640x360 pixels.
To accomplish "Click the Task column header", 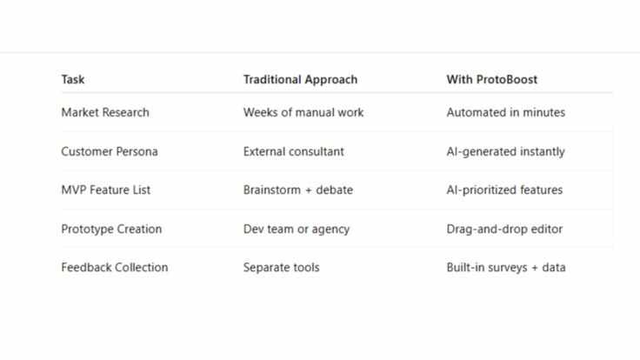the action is pyautogui.click(x=73, y=79).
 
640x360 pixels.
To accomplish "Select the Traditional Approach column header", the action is pyautogui.click(x=300, y=79).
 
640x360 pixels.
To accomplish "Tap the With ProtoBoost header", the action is pyautogui.click(x=491, y=79).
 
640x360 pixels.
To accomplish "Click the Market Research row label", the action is pyautogui.click(x=105, y=112).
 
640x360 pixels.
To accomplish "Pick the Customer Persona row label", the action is pyautogui.click(x=110, y=151).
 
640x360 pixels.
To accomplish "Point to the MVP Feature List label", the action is pyautogui.click(x=106, y=190).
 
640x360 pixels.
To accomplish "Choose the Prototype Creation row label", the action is pyautogui.click(x=111, y=229).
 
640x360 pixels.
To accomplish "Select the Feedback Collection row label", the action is pyautogui.click(x=115, y=267).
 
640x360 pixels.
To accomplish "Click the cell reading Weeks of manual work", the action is pyautogui.click(x=303, y=112).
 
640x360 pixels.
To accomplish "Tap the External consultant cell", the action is pyautogui.click(x=293, y=151).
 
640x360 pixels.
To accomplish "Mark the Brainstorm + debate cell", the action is pyautogui.click(x=298, y=190).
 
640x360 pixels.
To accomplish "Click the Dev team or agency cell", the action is pyautogui.click(x=297, y=229).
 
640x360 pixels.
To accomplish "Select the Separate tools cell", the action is pyautogui.click(x=281, y=267).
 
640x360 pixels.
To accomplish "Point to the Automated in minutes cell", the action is pyautogui.click(x=506, y=112).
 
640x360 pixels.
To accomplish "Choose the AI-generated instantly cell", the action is pyautogui.click(x=505, y=151).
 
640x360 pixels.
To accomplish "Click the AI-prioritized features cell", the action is pyautogui.click(x=504, y=190).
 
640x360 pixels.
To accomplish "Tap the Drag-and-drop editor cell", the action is pyautogui.click(x=504, y=229).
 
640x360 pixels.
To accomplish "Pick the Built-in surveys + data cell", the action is pyautogui.click(x=506, y=267).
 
